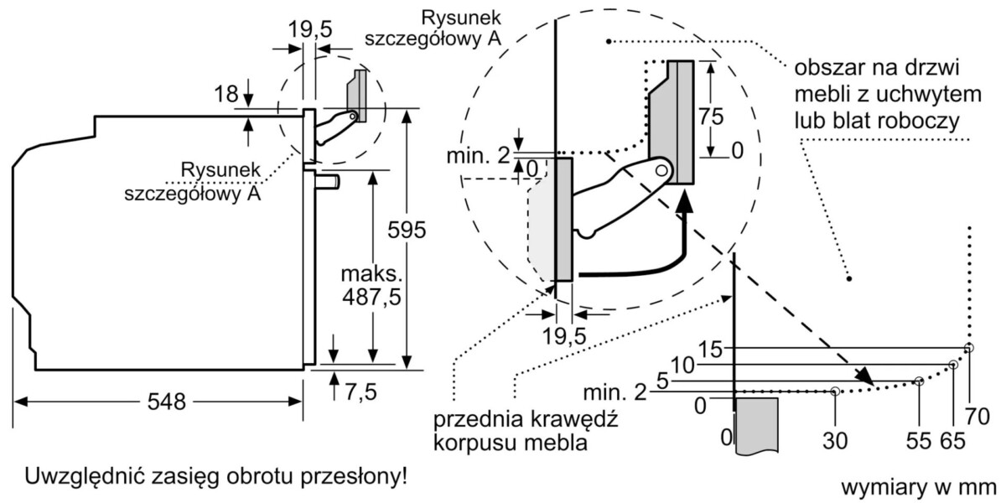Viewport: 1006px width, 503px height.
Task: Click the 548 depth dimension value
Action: (160, 402)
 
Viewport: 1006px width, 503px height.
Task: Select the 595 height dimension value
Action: (407, 228)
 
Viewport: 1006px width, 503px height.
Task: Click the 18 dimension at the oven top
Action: (226, 95)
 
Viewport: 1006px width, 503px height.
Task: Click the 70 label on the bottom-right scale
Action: (978, 415)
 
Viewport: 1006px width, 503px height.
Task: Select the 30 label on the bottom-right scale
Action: (835, 439)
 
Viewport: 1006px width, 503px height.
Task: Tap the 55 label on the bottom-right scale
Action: (920, 439)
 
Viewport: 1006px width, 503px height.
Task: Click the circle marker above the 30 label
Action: (835, 391)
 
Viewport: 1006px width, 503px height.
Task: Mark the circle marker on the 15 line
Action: (969, 348)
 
